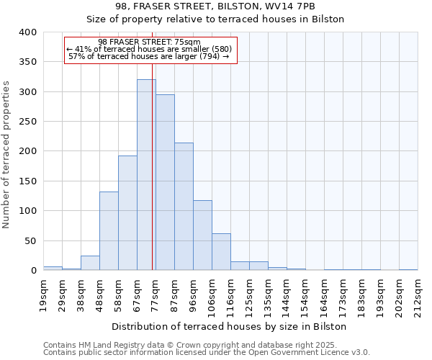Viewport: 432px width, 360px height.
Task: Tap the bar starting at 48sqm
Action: (x=109, y=230)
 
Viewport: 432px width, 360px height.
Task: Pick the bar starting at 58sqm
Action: (x=127, y=212)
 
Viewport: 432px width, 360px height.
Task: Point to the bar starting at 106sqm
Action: (x=221, y=252)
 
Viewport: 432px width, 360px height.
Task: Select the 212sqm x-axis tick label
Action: (x=418, y=296)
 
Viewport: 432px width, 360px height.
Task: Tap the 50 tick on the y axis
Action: (x=30, y=240)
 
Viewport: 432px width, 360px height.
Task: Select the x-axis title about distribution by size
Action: (x=230, y=326)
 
